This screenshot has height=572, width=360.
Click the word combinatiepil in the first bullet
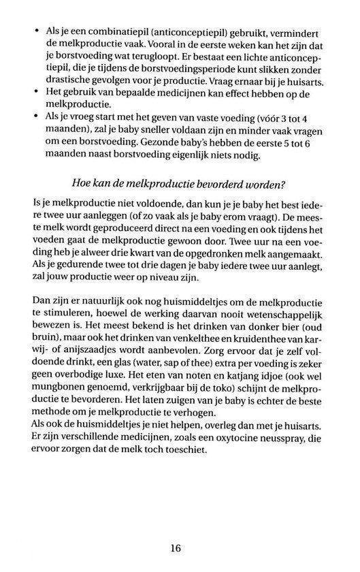(101, 32)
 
